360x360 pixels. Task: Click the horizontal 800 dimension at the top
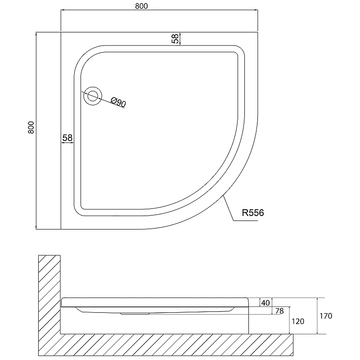tap(141, 6)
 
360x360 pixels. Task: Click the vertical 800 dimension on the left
tap(31, 127)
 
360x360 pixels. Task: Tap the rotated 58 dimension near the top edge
tap(175, 39)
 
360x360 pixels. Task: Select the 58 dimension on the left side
tap(67, 138)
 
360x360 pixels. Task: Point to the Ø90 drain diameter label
tap(118, 102)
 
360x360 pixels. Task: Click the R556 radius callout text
tap(253, 213)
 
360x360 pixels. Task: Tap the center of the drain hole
tap(93, 96)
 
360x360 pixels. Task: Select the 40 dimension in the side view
tap(265, 303)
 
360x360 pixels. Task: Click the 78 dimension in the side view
tap(279, 311)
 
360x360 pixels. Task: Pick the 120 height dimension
tap(298, 321)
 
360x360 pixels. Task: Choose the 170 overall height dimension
tap(326, 316)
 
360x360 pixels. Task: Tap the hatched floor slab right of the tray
tap(271, 345)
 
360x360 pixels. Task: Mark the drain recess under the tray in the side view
tap(135, 313)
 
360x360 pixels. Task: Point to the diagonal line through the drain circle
tap(103, 99)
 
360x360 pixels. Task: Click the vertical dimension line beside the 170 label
tap(317, 316)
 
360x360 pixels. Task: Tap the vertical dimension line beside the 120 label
tap(289, 320)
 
